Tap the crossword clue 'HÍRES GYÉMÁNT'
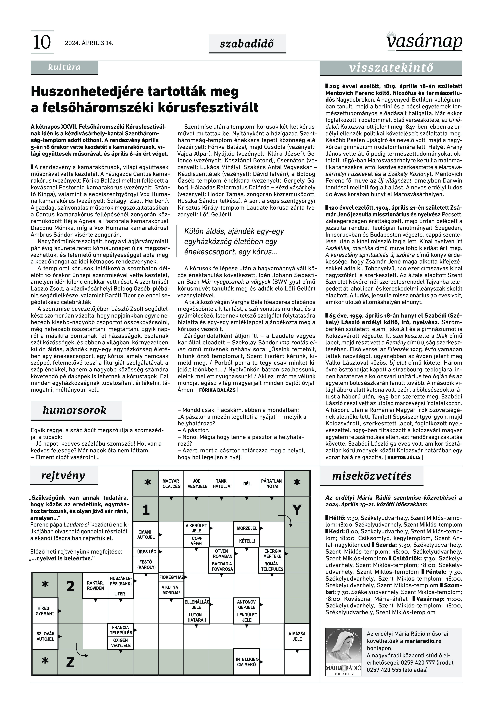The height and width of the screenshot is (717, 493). (x=45, y=611)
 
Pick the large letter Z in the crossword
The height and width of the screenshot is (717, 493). (x=70, y=662)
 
